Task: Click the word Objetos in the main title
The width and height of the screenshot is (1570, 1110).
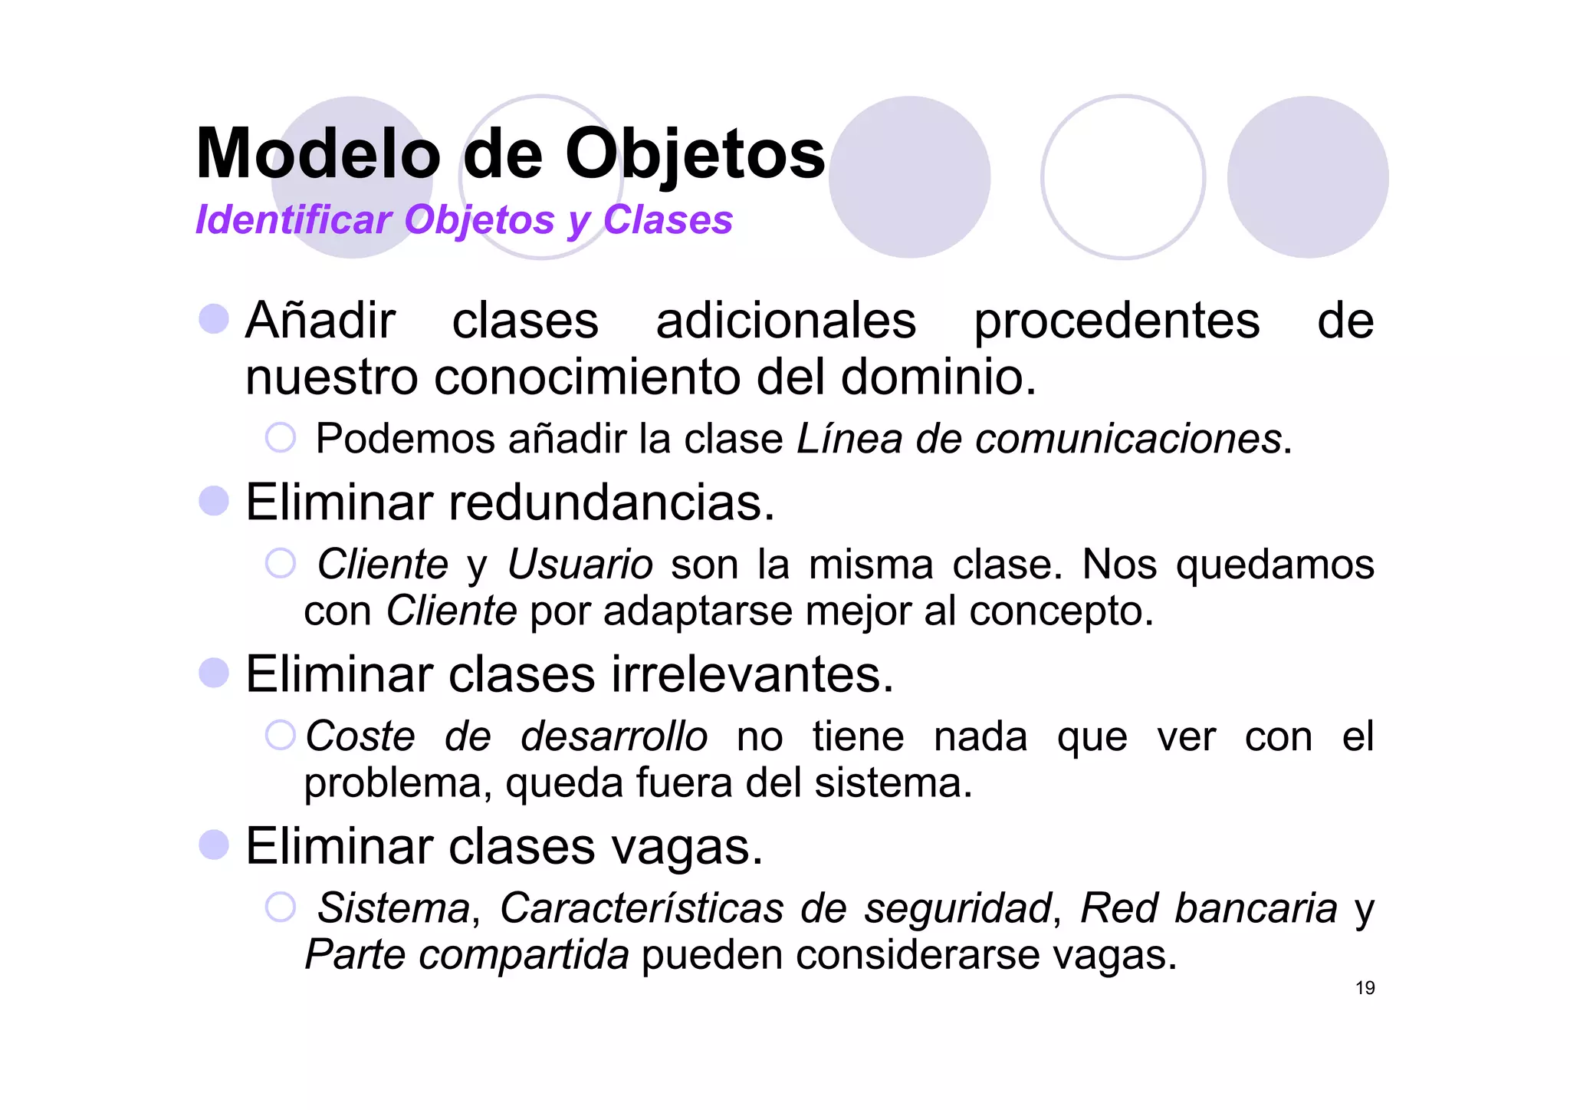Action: [x=695, y=154]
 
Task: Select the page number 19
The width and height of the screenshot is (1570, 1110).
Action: [x=1365, y=988]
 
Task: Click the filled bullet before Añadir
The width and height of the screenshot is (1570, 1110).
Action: [x=214, y=318]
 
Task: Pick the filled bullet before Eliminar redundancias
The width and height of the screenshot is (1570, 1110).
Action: [x=214, y=501]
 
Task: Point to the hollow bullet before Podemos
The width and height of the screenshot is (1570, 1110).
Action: [x=281, y=437]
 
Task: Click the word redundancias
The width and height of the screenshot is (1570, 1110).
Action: [x=611, y=502]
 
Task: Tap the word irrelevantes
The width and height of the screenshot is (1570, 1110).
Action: [x=752, y=674]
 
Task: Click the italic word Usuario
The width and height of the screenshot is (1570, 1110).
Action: [x=580, y=565]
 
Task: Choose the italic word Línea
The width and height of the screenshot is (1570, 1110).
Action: [x=849, y=439]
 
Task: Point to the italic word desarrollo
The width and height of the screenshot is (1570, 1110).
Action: [x=614, y=736]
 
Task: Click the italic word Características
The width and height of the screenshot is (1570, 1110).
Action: [x=642, y=908]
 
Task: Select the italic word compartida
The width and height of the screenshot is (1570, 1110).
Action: [x=524, y=955]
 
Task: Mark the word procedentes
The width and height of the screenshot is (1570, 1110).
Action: [x=1116, y=321]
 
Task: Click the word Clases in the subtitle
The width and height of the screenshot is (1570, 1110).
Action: [x=668, y=220]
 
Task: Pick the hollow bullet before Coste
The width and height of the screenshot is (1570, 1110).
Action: [x=281, y=735]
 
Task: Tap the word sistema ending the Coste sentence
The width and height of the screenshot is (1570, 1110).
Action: [x=892, y=783]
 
